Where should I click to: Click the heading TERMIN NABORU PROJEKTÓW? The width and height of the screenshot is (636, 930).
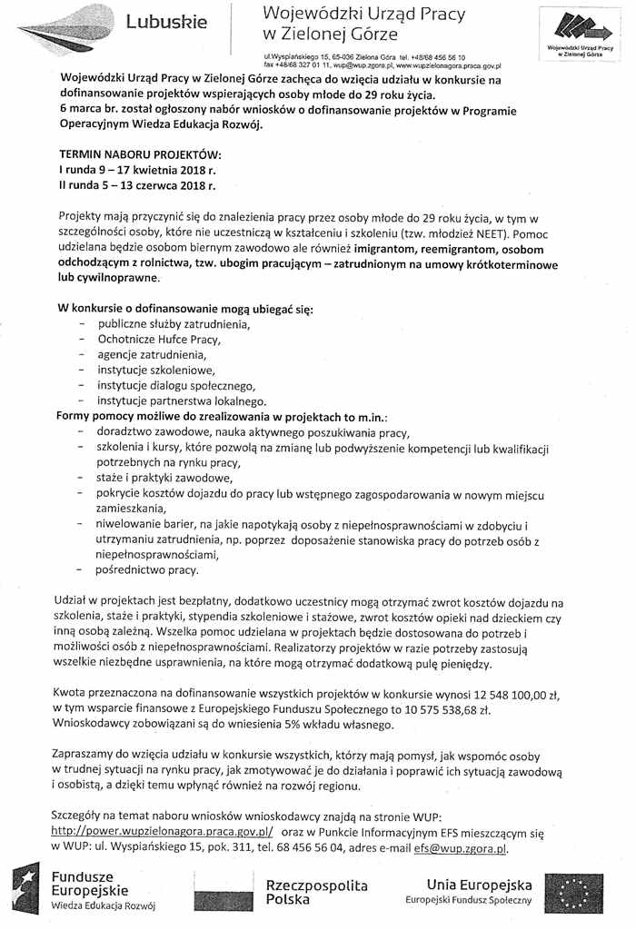(140, 154)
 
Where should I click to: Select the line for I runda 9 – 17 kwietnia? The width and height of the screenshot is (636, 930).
(137, 170)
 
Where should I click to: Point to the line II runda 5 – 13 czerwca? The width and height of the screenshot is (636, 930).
(136, 185)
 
